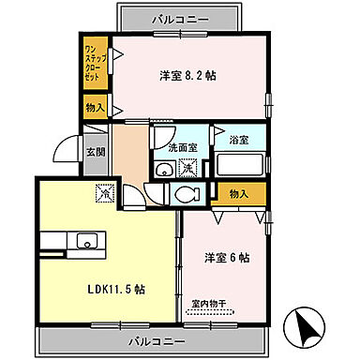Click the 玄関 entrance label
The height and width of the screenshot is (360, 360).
pos(95,152)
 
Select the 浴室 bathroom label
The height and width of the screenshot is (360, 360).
pos(239,140)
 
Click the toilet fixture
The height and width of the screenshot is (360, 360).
pos(186,195)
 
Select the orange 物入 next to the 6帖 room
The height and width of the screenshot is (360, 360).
pos(238,193)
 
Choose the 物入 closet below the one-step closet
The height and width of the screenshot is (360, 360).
pos(96,106)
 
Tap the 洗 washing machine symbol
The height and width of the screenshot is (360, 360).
pos(188,170)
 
